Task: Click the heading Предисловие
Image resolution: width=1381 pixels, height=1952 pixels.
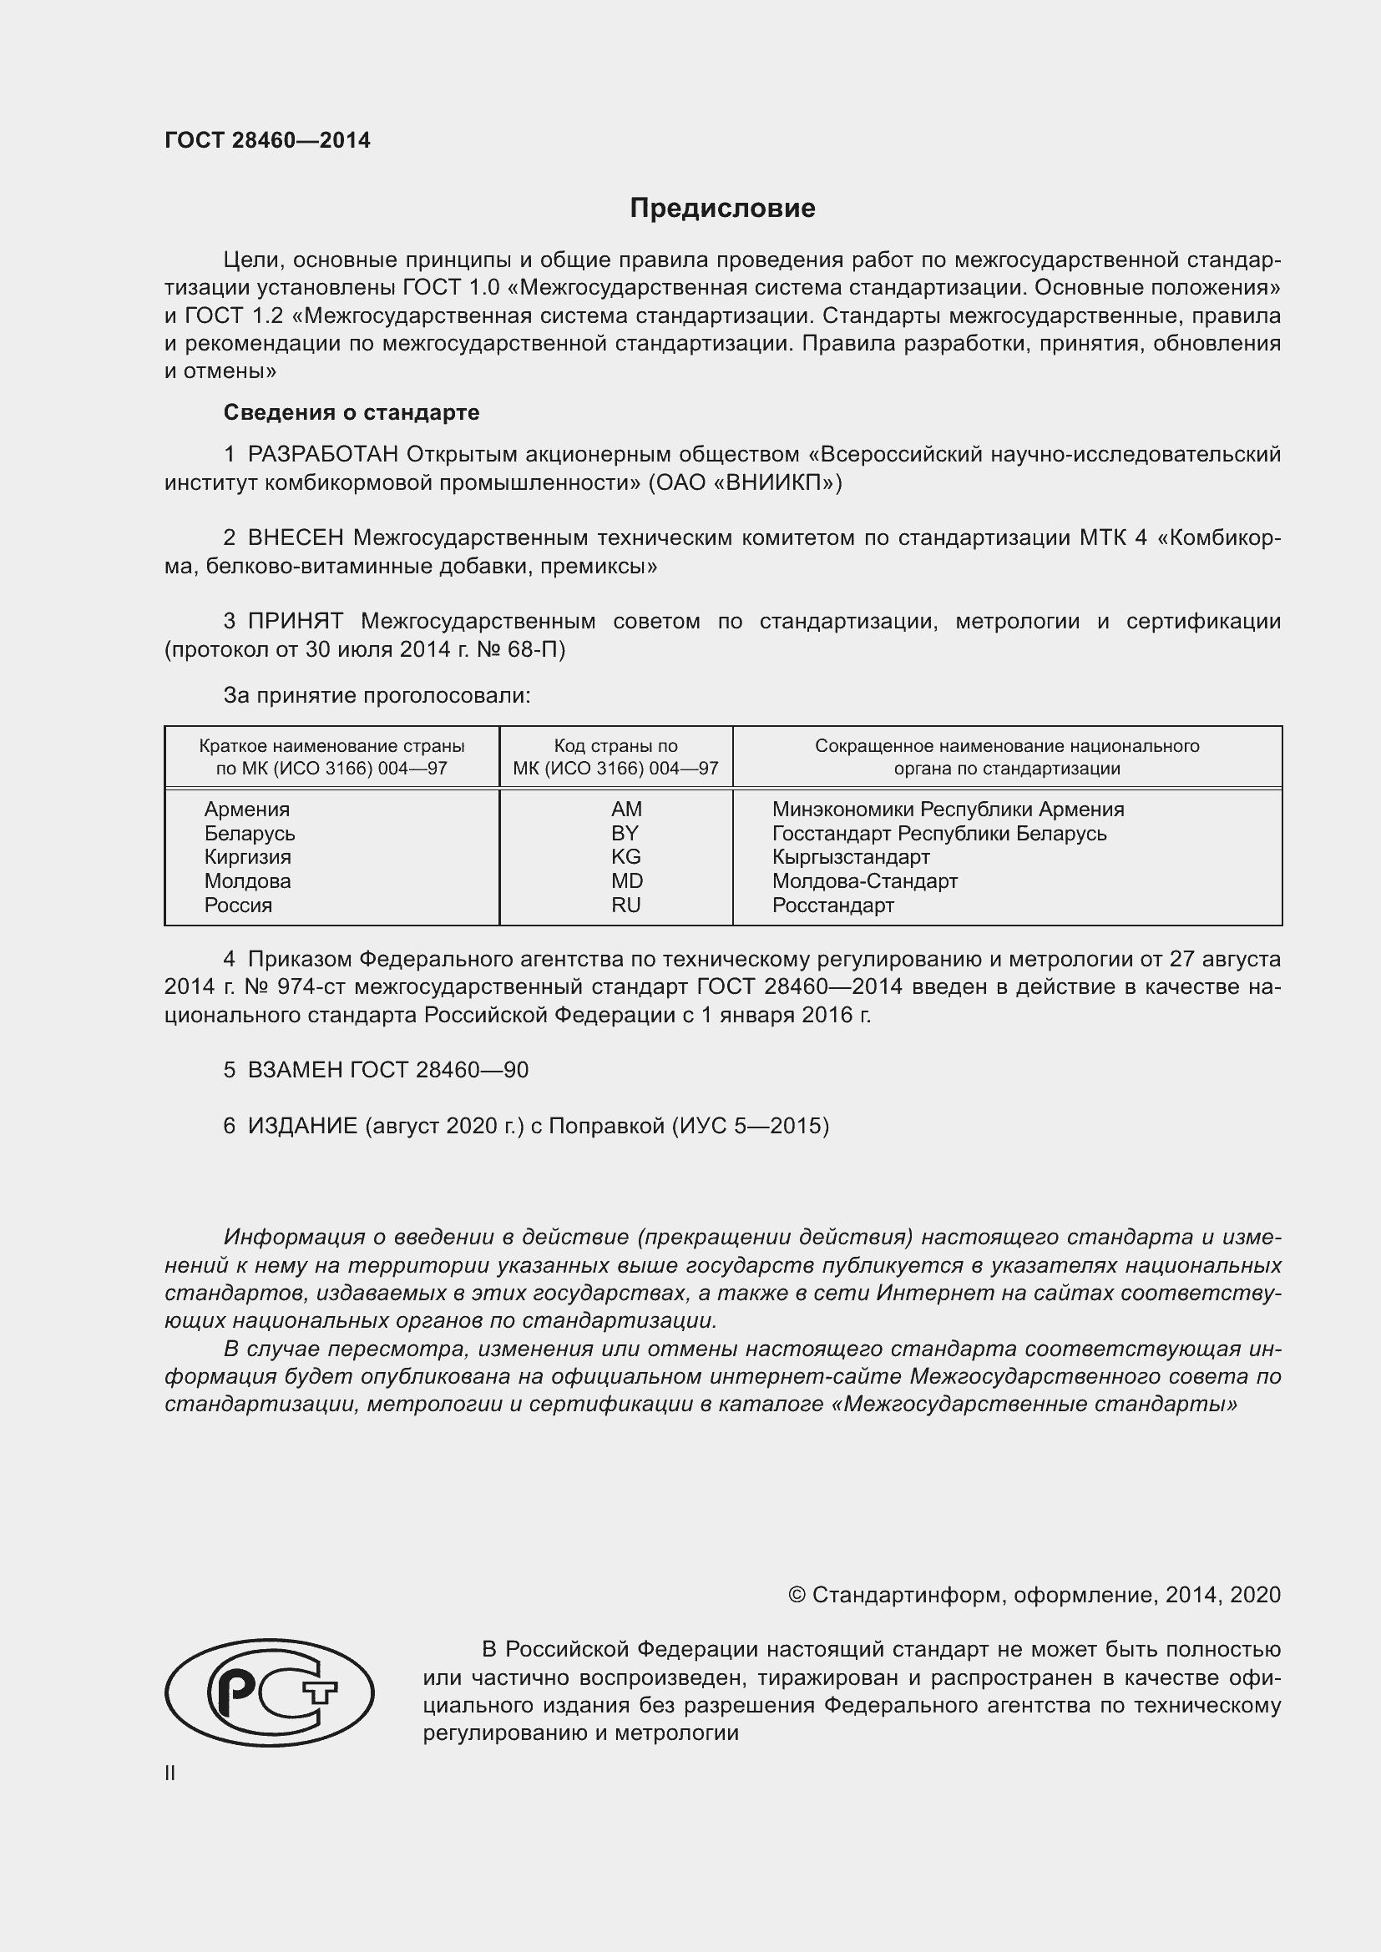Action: click(722, 209)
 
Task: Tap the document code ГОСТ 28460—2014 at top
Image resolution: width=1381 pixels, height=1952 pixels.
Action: click(267, 140)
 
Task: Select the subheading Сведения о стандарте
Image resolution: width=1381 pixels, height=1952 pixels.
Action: click(352, 412)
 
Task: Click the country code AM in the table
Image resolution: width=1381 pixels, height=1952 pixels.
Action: click(626, 810)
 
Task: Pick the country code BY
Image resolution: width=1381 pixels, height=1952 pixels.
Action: click(625, 833)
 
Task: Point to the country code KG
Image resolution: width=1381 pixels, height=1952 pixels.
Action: click(625, 857)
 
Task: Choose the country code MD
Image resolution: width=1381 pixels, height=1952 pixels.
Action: click(627, 880)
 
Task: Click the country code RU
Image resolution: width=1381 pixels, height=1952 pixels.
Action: click(625, 905)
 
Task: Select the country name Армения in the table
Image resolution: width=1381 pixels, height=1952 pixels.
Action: click(246, 810)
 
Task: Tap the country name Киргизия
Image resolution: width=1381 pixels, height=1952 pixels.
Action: click(247, 857)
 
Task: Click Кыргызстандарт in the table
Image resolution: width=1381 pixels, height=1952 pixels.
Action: click(850, 857)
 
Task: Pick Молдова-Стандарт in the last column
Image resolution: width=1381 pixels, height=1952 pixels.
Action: click(865, 880)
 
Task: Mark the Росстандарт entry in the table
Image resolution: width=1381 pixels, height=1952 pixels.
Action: click(832, 905)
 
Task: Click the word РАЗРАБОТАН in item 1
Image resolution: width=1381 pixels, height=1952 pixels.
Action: click(322, 455)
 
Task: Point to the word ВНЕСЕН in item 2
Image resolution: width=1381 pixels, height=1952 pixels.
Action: click(295, 538)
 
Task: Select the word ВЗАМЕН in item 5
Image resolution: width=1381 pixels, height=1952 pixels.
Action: click(295, 1071)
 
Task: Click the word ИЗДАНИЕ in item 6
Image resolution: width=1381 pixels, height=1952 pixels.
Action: click(302, 1127)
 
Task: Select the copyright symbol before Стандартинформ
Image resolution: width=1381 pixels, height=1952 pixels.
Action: click(797, 1595)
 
